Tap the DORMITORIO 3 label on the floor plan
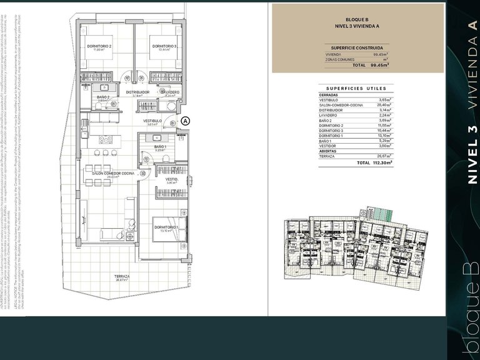pos(163,46)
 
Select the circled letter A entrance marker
pos(185,121)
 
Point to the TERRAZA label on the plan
pos(121,276)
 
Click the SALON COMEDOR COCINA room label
pos(113,173)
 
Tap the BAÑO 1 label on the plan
pos(160,147)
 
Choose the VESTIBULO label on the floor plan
pos(152,121)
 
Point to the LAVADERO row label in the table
pos(329,115)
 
